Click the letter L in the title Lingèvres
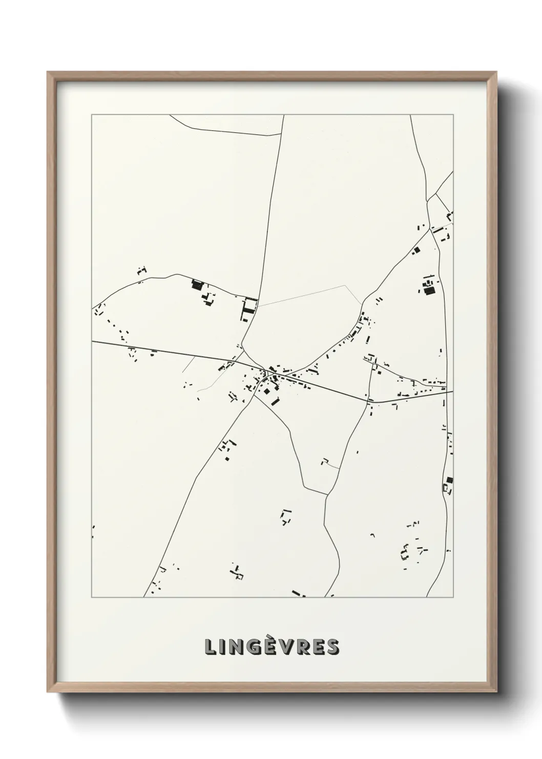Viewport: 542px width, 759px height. pyautogui.click(x=210, y=647)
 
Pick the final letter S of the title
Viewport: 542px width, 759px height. pyautogui.click(x=332, y=647)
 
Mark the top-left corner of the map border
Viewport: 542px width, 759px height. pyautogui.click(x=92, y=115)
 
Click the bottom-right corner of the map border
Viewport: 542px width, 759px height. pyautogui.click(x=453, y=597)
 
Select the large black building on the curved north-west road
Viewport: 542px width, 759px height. pyautogui.click(x=197, y=285)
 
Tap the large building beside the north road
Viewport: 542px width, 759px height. pyautogui.click(x=249, y=307)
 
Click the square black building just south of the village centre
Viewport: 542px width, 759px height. pyautogui.click(x=267, y=392)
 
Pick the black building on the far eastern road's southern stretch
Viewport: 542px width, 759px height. pyautogui.click(x=449, y=481)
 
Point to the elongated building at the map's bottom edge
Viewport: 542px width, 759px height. pyautogui.click(x=299, y=594)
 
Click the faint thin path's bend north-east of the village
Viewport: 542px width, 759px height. pyautogui.click(x=345, y=286)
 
